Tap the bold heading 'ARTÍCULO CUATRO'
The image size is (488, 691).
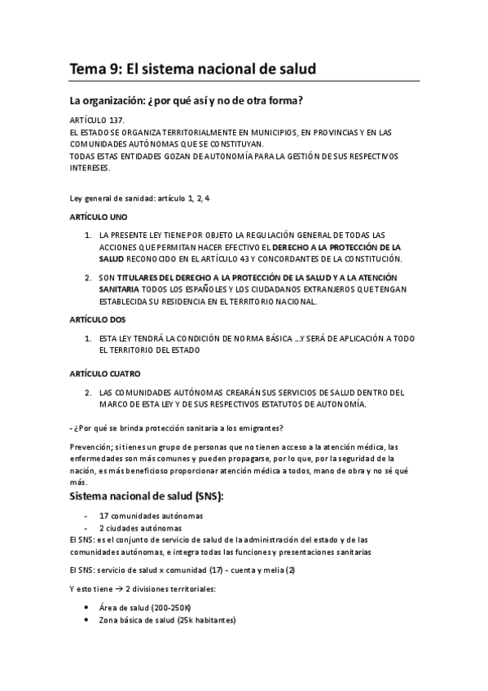point(105,373)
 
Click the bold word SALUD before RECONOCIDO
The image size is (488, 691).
point(112,259)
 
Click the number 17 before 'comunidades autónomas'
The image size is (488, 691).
point(103,516)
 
